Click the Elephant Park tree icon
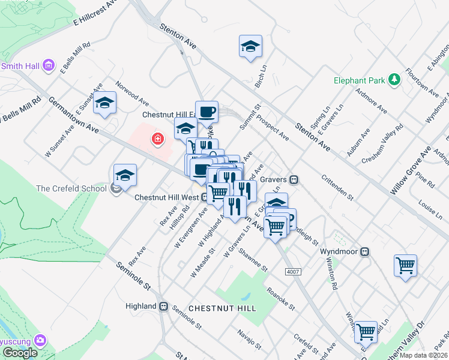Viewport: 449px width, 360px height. pyautogui.click(x=394, y=79)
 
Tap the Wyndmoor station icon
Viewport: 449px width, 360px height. pyautogui.click(x=365, y=253)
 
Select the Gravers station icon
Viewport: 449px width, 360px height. pyautogui.click(x=294, y=179)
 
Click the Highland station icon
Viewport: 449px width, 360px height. pyautogui.click(x=163, y=306)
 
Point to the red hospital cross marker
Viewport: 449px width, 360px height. pyautogui.click(x=158, y=140)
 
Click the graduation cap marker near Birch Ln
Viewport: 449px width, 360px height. pyautogui.click(x=250, y=46)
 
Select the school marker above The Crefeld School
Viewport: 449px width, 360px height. pyautogui.click(x=125, y=175)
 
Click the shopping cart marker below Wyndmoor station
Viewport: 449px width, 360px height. pyautogui.click(x=406, y=265)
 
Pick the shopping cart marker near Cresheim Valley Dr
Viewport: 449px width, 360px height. pyautogui.click(x=366, y=331)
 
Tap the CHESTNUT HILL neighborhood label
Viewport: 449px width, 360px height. pyautogui.click(x=222, y=308)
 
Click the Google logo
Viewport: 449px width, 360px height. pyautogui.click(x=20, y=353)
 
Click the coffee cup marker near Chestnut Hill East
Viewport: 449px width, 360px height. pyautogui.click(x=206, y=112)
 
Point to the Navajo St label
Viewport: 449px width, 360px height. pyautogui.click(x=249, y=339)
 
